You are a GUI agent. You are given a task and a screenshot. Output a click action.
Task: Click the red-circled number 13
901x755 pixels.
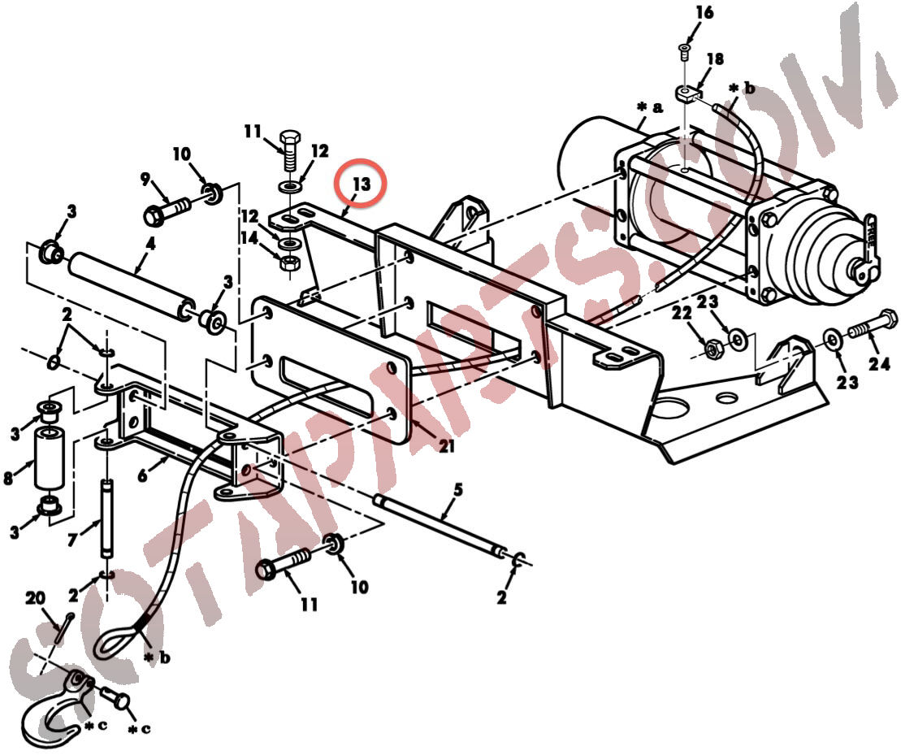click(x=362, y=184)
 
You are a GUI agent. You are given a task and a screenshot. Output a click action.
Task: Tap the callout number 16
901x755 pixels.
click(x=704, y=12)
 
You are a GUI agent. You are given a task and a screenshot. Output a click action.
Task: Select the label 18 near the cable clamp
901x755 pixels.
click(x=715, y=59)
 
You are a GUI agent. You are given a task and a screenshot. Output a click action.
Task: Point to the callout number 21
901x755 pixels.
click(x=447, y=446)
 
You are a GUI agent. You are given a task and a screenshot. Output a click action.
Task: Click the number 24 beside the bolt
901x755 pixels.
click(x=878, y=364)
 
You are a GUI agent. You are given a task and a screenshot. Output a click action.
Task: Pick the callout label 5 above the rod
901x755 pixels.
click(x=458, y=490)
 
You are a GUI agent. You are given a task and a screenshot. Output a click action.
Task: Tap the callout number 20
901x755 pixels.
click(x=35, y=598)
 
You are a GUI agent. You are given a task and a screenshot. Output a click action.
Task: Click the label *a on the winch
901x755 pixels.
click(x=650, y=107)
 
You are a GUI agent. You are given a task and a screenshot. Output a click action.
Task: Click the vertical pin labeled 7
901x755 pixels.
click(x=107, y=519)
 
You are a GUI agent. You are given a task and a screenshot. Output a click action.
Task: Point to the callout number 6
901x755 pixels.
click(x=142, y=475)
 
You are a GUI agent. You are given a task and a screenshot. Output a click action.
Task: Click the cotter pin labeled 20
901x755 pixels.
click(x=64, y=629)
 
